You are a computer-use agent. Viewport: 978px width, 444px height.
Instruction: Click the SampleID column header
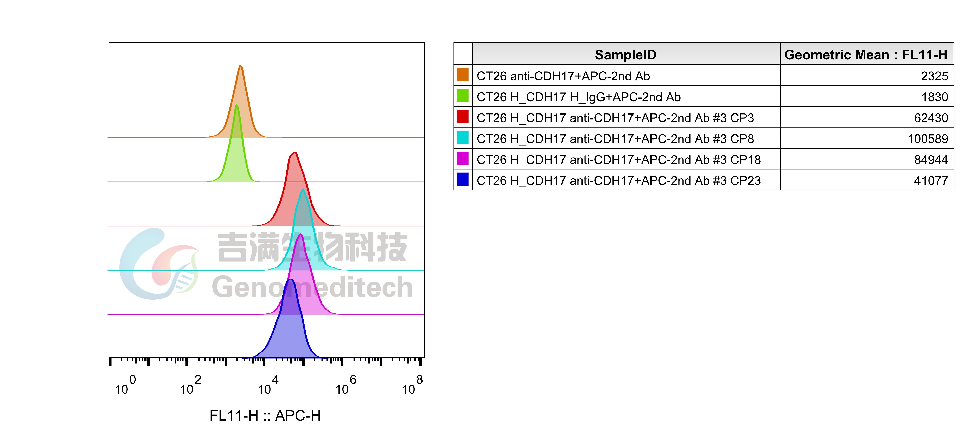[x=625, y=55]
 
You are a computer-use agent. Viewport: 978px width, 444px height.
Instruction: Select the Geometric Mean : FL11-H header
[x=866, y=55]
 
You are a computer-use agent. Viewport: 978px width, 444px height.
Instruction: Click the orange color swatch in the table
[x=462, y=75]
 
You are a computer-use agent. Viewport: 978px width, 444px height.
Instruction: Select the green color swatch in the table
[x=462, y=96]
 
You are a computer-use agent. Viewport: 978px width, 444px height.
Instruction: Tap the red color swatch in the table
[x=462, y=116]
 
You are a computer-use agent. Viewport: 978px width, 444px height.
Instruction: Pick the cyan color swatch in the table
[x=462, y=137]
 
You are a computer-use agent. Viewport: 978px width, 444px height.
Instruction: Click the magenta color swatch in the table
[x=462, y=158]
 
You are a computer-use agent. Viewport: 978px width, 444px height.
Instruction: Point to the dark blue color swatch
[x=462, y=179]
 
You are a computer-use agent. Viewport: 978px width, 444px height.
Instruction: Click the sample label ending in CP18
[x=618, y=160]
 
